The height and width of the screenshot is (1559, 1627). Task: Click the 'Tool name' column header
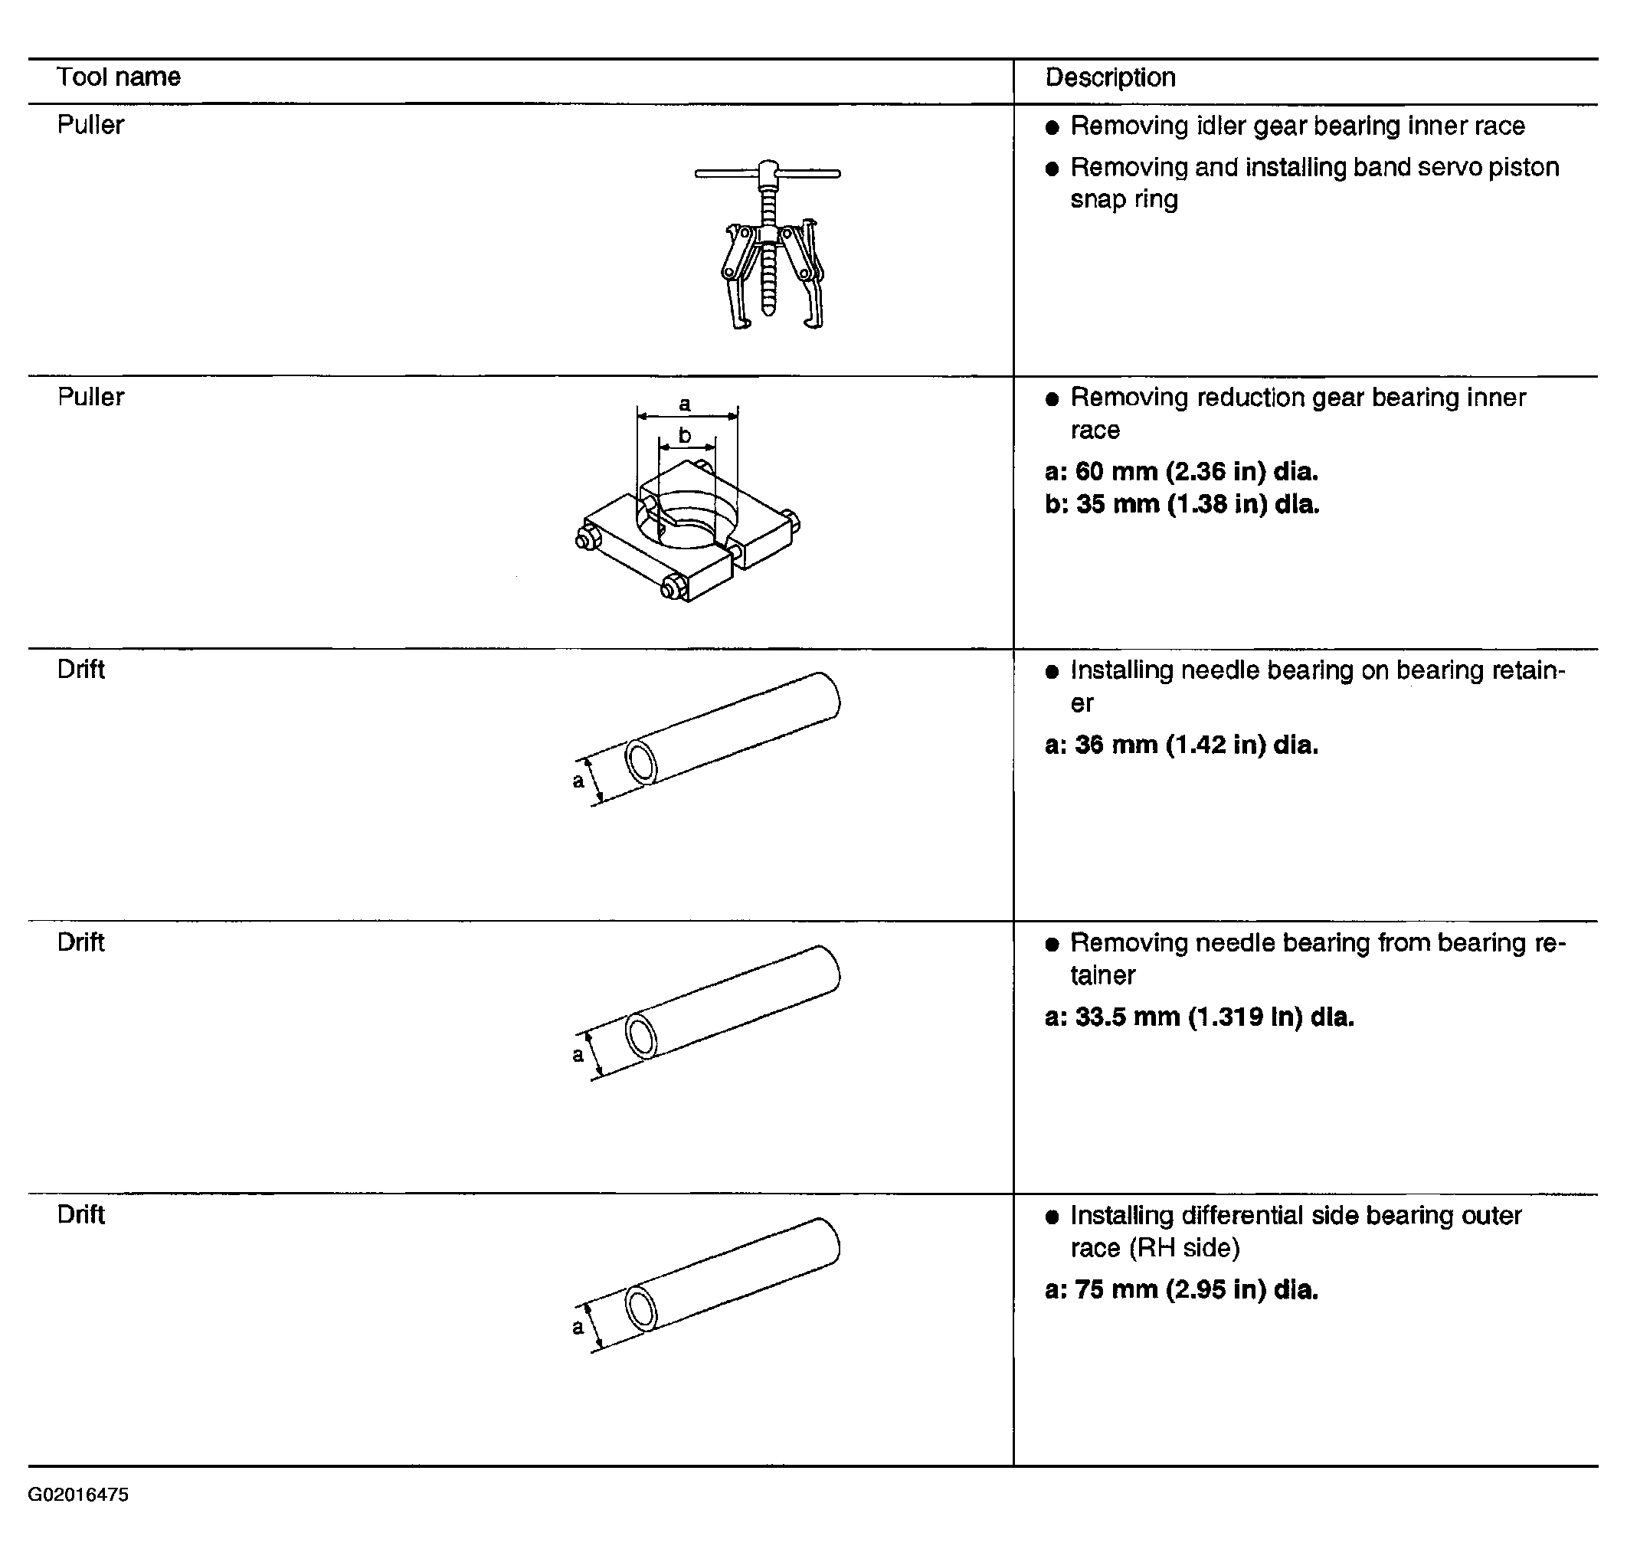tap(118, 77)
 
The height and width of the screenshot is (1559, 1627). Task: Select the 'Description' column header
tap(1110, 77)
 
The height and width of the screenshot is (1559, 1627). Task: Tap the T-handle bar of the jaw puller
tap(767, 173)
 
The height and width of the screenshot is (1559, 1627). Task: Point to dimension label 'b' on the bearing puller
tap(685, 435)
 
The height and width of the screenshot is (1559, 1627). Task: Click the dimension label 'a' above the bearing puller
tap(685, 404)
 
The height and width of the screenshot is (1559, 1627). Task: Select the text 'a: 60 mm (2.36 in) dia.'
tap(1181, 471)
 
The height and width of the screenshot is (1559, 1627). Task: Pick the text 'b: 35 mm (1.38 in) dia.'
tap(1181, 504)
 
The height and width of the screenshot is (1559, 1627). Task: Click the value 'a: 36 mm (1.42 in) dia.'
tap(1181, 745)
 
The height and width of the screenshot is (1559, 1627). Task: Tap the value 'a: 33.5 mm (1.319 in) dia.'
tap(1200, 1017)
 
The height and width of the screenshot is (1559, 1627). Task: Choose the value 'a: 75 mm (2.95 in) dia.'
tap(1181, 1290)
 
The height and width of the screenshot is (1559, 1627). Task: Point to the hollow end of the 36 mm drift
tap(641, 761)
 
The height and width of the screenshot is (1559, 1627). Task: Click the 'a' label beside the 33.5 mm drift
tap(578, 1055)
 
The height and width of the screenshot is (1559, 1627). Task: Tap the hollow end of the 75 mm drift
tap(641, 1308)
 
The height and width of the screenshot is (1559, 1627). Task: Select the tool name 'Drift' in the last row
tap(81, 1214)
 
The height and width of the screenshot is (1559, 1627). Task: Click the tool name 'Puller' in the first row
tap(90, 125)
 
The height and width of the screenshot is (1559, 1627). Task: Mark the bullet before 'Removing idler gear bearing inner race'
tap(1052, 127)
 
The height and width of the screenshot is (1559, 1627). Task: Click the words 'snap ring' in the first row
tap(1124, 199)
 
